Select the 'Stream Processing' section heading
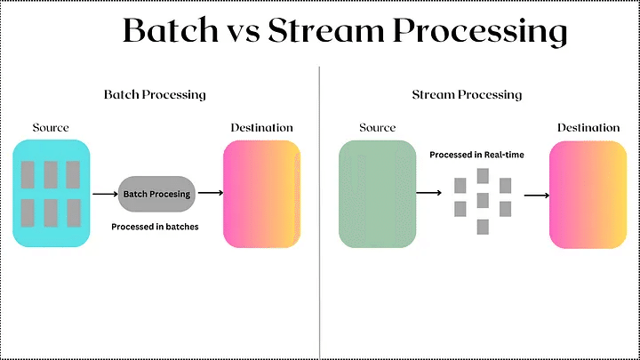pyautogui.click(x=467, y=93)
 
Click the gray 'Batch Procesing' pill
pyautogui.click(x=156, y=193)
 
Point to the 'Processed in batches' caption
pyautogui.click(x=155, y=227)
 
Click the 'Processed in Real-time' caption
pyautogui.click(x=477, y=155)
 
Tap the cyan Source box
pyautogui.click(x=51, y=193)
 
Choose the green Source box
pyautogui.click(x=377, y=193)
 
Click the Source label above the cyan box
pyautogui.click(x=51, y=128)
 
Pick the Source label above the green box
pyautogui.click(x=377, y=128)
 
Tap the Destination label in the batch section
pyautogui.click(x=261, y=127)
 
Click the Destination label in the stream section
pyautogui.click(x=588, y=127)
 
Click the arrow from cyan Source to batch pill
pyautogui.click(x=104, y=193)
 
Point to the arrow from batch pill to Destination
pyautogui.click(x=210, y=192)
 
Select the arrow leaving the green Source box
pyautogui.click(x=429, y=192)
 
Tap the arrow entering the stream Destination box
pyautogui.click(x=535, y=194)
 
